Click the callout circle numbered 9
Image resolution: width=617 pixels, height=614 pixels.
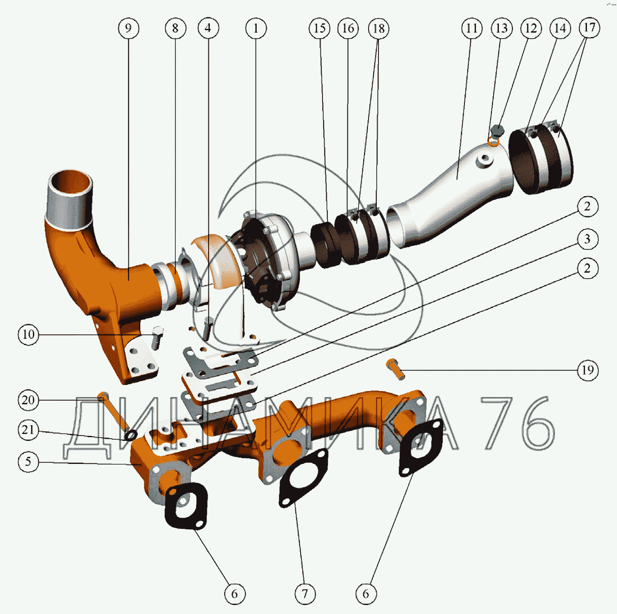128,28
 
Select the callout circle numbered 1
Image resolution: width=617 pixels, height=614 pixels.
256,28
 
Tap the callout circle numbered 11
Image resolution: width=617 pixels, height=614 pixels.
472,28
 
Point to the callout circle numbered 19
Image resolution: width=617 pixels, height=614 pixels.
587,370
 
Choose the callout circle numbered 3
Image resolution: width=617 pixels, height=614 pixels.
587,239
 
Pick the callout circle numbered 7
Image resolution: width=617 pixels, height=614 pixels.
305,594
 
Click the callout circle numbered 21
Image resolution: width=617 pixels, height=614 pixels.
28,430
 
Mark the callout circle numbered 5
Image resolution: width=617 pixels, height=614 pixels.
28,461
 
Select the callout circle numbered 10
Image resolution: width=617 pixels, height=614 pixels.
28,334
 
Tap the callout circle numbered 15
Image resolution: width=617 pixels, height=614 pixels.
320,28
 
